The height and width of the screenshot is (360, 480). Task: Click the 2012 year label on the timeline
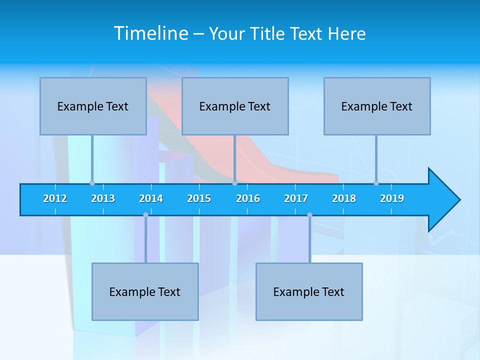55,198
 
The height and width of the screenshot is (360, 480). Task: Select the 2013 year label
103,198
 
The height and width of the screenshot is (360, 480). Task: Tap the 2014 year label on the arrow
151,198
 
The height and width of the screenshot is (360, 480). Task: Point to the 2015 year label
199,198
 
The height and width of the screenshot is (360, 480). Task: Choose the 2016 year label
248,198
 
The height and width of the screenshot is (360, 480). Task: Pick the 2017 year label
296,198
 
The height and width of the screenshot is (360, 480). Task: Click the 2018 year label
344,198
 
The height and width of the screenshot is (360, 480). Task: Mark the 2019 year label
392,198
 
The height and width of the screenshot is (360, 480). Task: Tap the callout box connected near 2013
93,106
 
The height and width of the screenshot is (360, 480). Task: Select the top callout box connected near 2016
235,106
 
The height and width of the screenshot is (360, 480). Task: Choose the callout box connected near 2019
377,106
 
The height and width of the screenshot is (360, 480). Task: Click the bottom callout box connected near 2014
145,291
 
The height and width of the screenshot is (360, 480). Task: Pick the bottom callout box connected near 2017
309,291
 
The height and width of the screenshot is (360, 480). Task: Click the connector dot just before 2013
92,183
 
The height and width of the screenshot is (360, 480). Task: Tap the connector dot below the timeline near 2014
145,215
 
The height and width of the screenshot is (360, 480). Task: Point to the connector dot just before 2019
376,183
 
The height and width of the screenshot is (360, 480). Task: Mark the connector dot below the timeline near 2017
309,215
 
